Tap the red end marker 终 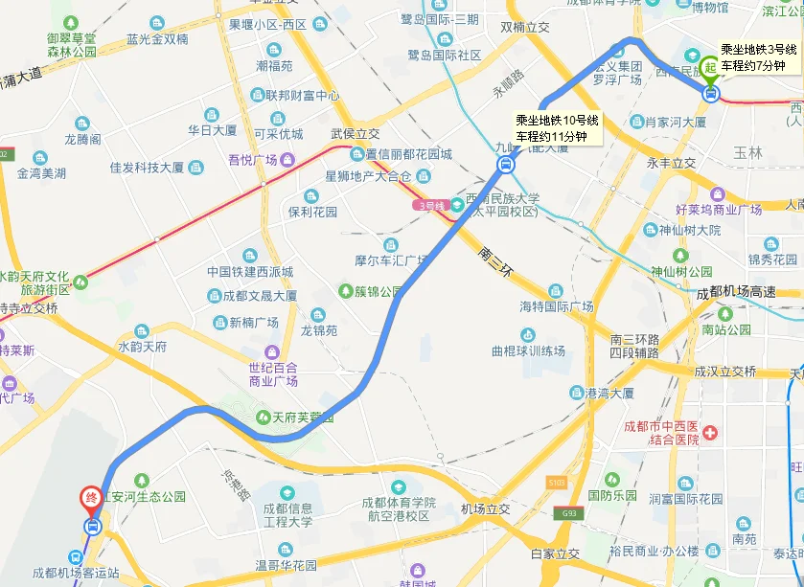[92, 498]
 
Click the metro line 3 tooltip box [752, 57]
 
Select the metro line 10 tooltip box [557, 128]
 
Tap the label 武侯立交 [356, 134]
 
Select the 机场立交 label [485, 508]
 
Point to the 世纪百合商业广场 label [272, 374]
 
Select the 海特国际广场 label [556, 306]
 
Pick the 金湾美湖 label [42, 173]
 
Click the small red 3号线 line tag [431, 205]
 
